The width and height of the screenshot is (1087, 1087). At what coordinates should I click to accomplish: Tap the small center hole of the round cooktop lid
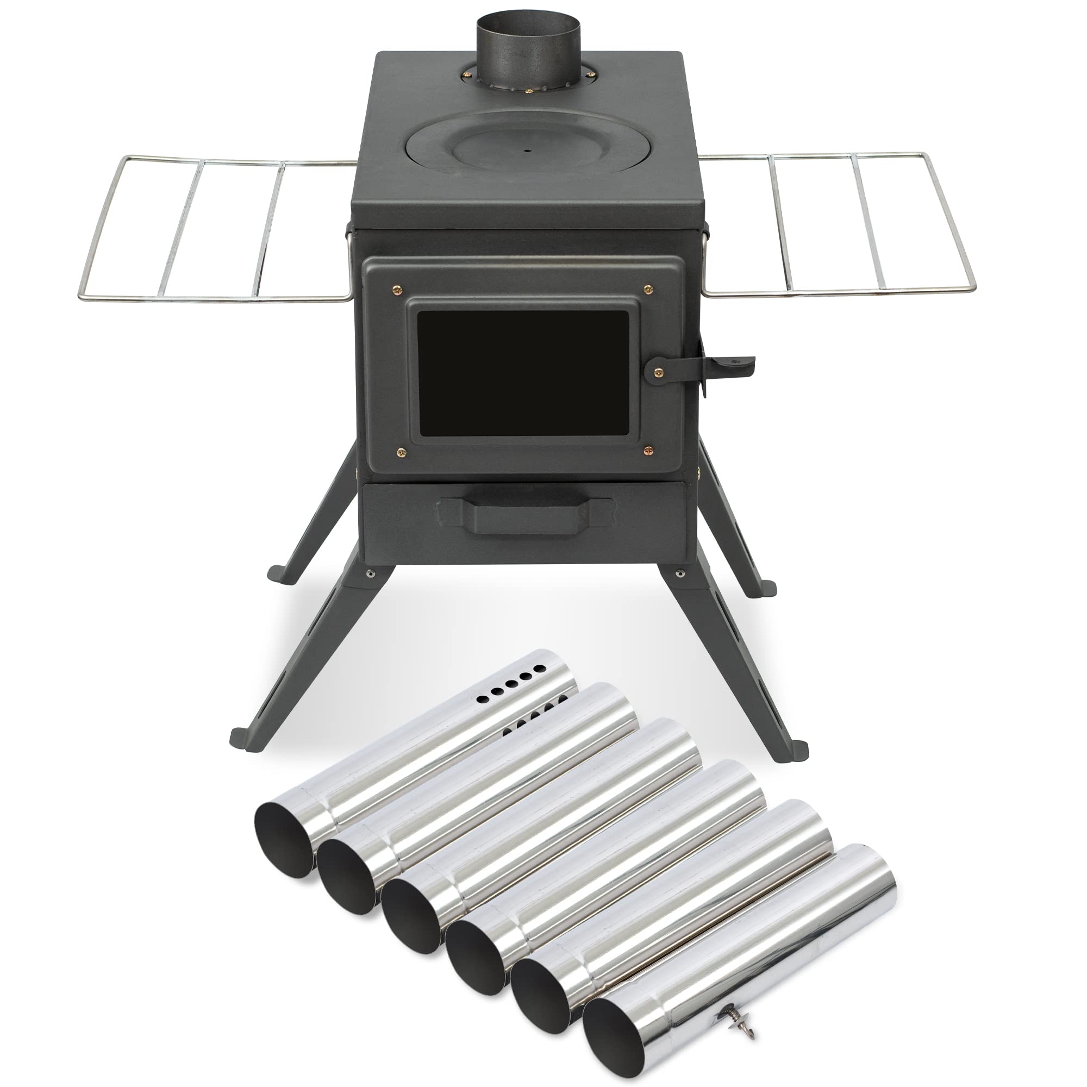point(527,151)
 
